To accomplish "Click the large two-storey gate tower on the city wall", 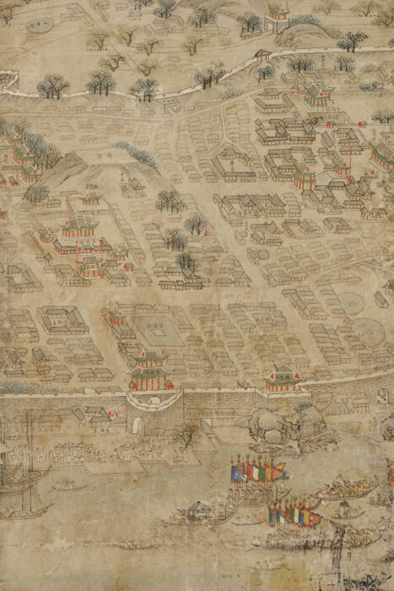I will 149,370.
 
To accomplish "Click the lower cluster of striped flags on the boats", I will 293,512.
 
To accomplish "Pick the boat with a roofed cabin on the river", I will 198,512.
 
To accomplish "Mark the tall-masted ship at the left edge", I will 19,473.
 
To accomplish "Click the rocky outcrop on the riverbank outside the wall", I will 270,426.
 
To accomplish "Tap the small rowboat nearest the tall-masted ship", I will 62,486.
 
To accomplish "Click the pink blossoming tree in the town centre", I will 197,225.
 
